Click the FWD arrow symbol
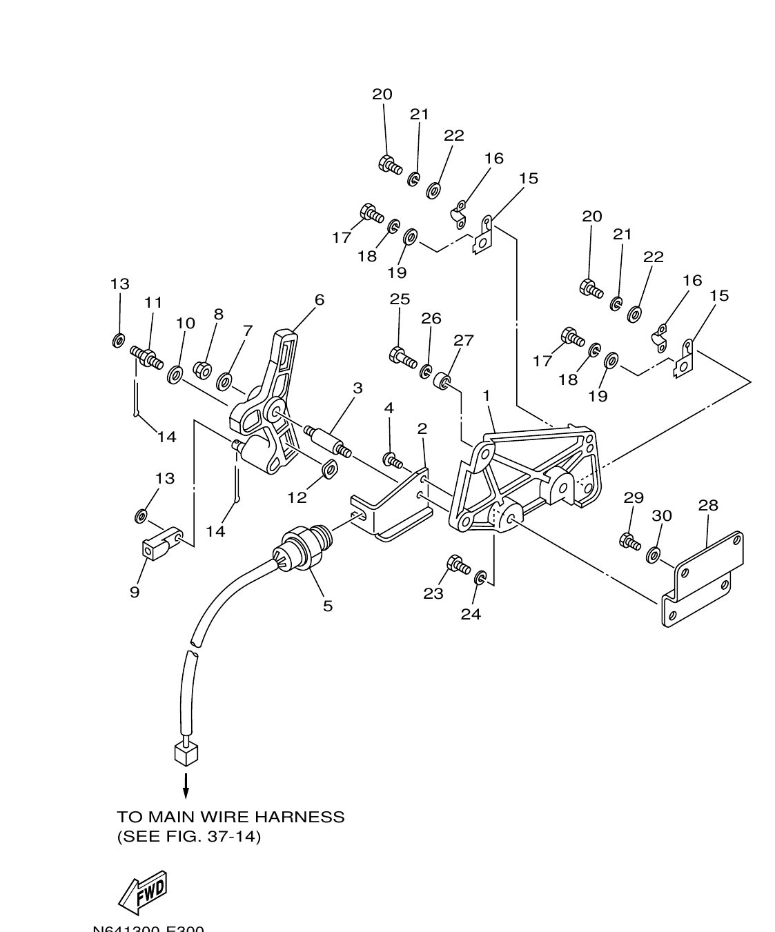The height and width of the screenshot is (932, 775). [x=144, y=892]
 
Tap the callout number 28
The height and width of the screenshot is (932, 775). [x=708, y=505]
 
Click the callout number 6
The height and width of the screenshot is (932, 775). [x=319, y=300]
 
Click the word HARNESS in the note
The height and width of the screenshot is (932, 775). [x=300, y=817]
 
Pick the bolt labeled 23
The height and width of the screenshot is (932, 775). [x=458, y=565]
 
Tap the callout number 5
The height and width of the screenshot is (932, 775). [x=327, y=606]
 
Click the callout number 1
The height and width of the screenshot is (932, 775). [x=487, y=395]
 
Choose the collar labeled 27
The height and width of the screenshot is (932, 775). [x=443, y=380]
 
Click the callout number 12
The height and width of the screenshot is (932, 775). [x=297, y=497]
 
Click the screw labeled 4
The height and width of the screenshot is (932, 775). [x=393, y=459]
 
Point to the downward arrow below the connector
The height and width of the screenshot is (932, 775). [x=186, y=785]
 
